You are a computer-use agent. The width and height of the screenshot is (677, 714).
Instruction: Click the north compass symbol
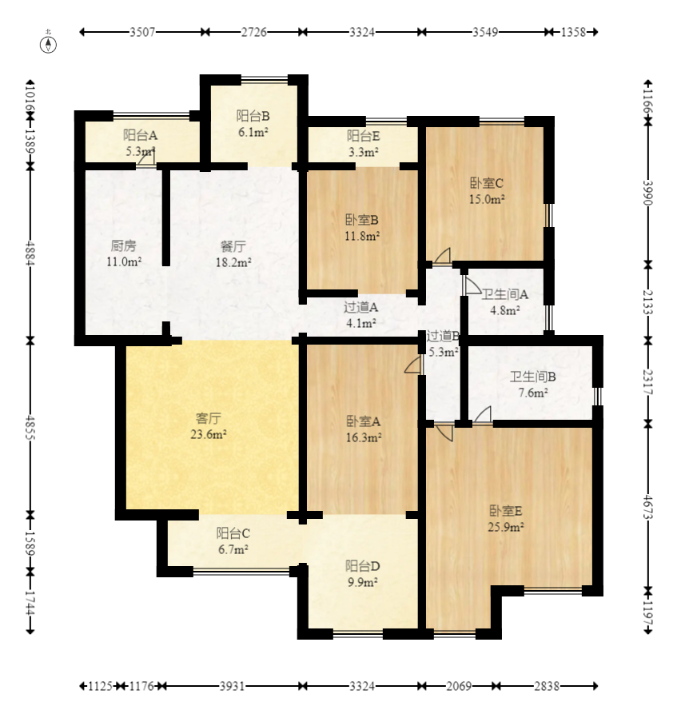click(48, 43)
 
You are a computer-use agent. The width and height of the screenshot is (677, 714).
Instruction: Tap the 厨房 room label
click(123, 246)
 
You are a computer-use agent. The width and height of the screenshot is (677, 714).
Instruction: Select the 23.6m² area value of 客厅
click(209, 434)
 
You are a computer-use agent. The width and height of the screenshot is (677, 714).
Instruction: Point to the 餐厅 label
click(233, 246)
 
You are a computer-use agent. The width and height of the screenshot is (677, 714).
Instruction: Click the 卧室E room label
click(506, 510)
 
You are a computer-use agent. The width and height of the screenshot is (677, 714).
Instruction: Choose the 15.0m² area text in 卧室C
click(487, 199)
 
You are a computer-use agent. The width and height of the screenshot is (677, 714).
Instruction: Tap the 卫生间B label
click(532, 377)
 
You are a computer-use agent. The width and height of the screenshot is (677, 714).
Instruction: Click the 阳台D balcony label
click(362, 566)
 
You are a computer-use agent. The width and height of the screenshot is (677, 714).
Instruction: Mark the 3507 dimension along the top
click(142, 32)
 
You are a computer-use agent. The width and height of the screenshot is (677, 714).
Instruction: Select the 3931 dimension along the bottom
click(232, 686)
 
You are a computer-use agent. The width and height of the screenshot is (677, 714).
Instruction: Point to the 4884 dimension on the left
click(30, 253)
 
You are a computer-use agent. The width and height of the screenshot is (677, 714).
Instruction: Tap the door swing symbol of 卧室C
click(443, 256)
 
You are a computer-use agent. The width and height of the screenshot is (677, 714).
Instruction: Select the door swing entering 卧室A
click(413, 365)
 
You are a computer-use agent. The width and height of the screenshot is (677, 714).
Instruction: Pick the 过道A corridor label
click(360, 307)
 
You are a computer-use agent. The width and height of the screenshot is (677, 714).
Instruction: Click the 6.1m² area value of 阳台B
click(253, 132)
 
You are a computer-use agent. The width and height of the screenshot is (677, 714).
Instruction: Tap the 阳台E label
click(364, 136)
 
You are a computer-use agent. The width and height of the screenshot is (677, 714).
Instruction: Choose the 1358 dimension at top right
click(573, 32)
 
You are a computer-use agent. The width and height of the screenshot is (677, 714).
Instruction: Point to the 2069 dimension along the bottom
click(459, 686)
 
